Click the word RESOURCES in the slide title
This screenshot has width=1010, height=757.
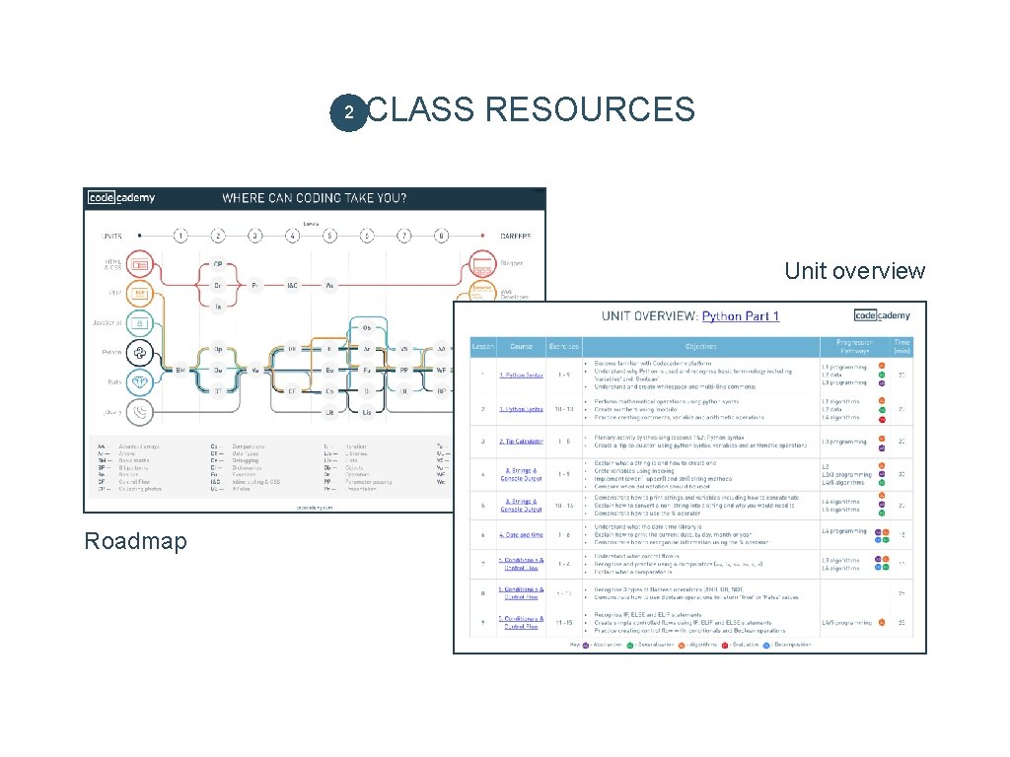(x=590, y=109)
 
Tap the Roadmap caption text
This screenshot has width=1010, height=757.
(x=135, y=541)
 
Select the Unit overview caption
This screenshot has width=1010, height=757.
(x=855, y=271)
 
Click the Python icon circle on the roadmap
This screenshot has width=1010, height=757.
(x=140, y=353)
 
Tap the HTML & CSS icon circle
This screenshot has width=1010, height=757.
(x=140, y=264)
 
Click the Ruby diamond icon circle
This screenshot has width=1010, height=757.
(x=140, y=382)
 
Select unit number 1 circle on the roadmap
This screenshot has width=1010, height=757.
(x=180, y=236)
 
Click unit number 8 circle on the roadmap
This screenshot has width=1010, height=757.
(x=441, y=236)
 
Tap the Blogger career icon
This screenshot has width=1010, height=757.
(x=483, y=264)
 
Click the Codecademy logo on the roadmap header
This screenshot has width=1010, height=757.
(x=121, y=197)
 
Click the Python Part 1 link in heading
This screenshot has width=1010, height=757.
(x=741, y=316)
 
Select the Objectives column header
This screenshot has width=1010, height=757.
(x=701, y=347)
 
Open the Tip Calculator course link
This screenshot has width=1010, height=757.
(x=521, y=442)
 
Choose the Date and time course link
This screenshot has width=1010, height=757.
(x=521, y=535)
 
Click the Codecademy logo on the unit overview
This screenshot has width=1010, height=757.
(x=883, y=315)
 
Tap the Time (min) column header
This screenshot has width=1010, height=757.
(x=902, y=347)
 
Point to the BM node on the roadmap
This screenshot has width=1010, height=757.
(x=180, y=370)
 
